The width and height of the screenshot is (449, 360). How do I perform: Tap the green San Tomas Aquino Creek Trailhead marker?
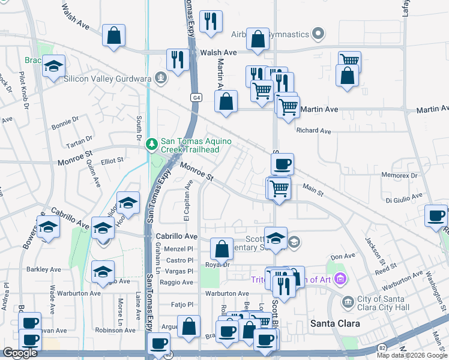pyautogui.click(x=152, y=143)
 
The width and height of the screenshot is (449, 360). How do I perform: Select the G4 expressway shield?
pyautogui.click(x=196, y=97)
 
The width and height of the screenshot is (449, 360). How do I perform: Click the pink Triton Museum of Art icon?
pyautogui.click(x=341, y=278)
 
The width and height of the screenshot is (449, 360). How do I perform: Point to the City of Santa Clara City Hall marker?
pyautogui.click(x=347, y=302)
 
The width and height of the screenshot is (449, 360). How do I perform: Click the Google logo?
pyautogui.click(x=20, y=353)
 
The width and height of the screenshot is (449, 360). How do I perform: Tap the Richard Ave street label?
pyautogui.click(x=314, y=130)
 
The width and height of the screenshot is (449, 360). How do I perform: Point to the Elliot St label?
pyautogui.click(x=112, y=160)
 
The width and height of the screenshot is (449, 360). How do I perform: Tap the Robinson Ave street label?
pyautogui.click(x=115, y=330)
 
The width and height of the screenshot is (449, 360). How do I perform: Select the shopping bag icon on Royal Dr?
pyautogui.click(x=221, y=248)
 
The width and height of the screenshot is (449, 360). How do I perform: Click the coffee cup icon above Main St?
pyautogui.click(x=282, y=163)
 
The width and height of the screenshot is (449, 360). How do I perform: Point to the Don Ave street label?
pyautogui.click(x=343, y=256)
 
